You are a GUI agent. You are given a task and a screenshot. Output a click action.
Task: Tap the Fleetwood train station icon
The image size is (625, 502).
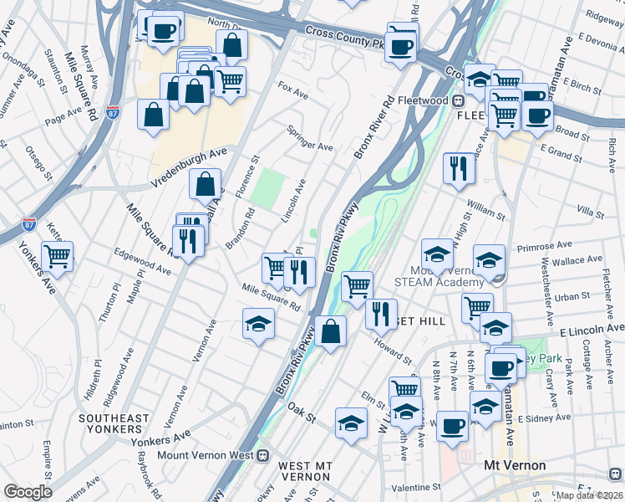458,101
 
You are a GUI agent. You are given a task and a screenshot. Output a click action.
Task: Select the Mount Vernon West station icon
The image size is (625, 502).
262,455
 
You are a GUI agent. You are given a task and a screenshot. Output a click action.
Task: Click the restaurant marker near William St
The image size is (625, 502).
458,168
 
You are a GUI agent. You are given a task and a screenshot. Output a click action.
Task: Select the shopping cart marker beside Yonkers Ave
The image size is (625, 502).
57,256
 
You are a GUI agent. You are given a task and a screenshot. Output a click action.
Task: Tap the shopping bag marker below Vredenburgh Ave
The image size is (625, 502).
205,184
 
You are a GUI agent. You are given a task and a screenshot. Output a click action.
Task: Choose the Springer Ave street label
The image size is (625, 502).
309,138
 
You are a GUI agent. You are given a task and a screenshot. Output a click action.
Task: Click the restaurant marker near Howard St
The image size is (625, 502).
382,314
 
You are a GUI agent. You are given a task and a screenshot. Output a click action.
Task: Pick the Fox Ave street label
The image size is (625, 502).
293,91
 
